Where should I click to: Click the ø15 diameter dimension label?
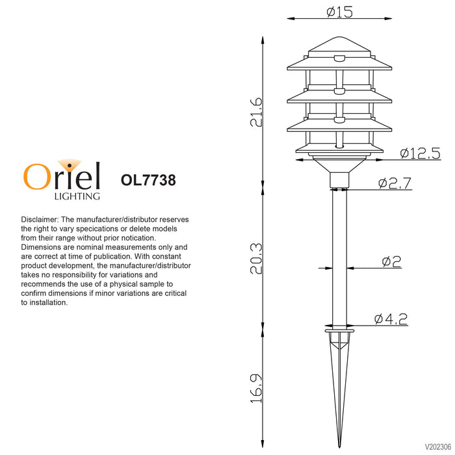(x=339, y=12)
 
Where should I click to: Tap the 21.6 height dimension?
(x=256, y=112)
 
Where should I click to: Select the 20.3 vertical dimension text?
(x=256, y=259)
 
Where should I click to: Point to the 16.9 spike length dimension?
(x=256, y=388)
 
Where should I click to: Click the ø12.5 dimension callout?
(x=420, y=153)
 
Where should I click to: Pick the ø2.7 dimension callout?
(x=395, y=183)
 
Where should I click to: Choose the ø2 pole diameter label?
(x=391, y=261)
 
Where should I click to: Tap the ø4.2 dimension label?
(x=391, y=319)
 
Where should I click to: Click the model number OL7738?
(x=148, y=180)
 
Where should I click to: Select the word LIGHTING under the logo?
(x=77, y=196)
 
